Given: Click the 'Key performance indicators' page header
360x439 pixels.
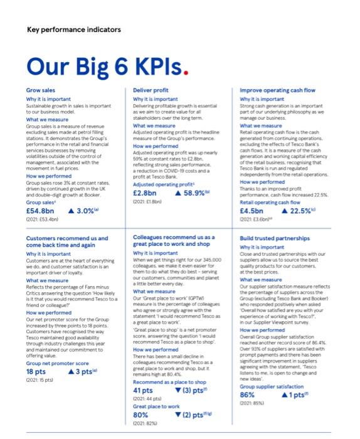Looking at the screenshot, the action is (74, 29).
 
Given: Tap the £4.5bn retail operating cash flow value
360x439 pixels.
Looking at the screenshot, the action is (253, 211).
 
